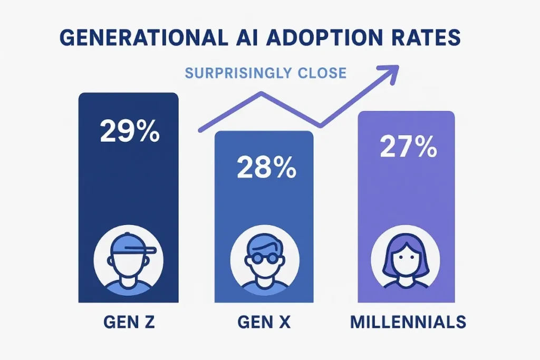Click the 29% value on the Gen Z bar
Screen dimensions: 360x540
pyautogui.click(x=129, y=131)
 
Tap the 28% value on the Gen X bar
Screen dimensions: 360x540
pyautogui.click(x=266, y=167)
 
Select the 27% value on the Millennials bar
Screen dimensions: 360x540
pyautogui.click(x=408, y=148)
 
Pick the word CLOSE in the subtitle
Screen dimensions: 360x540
pyautogui.click(x=322, y=73)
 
